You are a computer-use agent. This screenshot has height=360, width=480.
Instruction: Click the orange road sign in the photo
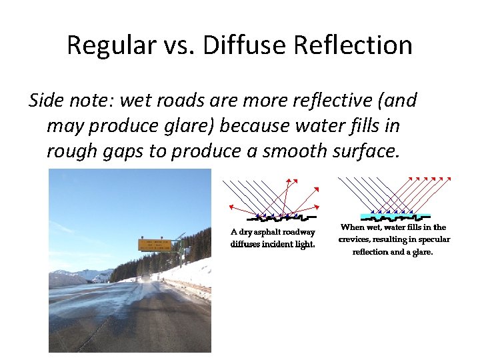tap(154, 245)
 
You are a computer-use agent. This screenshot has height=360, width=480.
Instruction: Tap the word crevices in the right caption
tap(355, 239)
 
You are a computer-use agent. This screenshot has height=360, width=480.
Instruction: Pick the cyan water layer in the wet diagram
tap(394, 215)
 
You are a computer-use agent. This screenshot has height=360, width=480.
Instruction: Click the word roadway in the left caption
tap(297, 232)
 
